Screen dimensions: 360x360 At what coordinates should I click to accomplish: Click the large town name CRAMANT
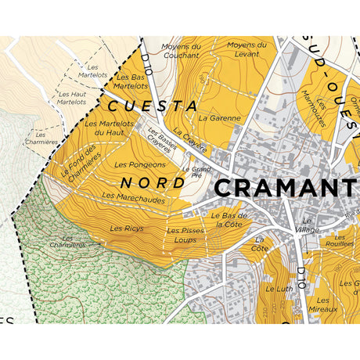point(286,188)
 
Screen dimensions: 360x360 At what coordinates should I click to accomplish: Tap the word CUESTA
point(152,105)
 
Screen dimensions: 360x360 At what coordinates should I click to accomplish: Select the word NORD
point(153,182)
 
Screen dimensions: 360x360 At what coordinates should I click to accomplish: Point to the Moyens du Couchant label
point(182,51)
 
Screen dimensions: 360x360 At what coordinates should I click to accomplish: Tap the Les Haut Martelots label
point(72,97)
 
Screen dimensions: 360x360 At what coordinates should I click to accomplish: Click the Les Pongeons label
point(140,165)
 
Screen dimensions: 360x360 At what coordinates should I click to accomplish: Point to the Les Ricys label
point(126,229)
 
